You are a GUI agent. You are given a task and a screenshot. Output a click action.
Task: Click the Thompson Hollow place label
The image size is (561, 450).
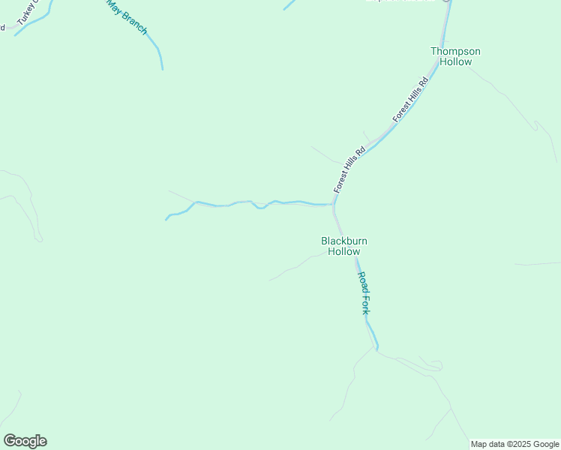click(455, 56)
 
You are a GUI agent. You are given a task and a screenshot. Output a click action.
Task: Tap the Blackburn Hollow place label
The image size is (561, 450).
click(344, 246)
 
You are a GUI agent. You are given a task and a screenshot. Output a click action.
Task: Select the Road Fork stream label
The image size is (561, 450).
click(364, 292)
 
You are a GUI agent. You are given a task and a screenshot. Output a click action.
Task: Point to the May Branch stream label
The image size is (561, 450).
click(127, 16)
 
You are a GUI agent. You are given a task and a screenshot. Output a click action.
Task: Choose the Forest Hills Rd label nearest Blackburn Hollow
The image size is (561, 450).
click(349, 169)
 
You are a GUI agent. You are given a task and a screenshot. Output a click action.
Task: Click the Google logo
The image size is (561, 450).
click(25, 441)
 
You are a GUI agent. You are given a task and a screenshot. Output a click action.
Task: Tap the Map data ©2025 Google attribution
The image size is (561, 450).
click(515, 444)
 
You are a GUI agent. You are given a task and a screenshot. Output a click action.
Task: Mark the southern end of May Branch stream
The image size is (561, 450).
click(162, 69)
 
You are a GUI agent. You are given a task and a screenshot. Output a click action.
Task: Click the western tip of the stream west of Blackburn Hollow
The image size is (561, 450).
click(166, 220)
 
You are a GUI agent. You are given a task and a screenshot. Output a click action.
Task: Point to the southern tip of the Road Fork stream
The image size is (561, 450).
click(376, 350)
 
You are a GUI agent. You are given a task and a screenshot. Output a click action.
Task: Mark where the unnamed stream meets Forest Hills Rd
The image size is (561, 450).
click(334, 204)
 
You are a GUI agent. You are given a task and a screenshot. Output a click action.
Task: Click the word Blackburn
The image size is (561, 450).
click(344, 241)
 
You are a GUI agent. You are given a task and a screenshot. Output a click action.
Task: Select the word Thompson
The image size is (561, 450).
click(455, 51)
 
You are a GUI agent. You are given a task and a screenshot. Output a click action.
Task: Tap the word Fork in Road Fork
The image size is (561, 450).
click(366, 304)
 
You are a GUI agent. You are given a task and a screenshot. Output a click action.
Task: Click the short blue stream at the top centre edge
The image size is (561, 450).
click(289, 4)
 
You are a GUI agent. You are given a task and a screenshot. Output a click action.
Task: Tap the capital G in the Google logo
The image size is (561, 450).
click(10, 441)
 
